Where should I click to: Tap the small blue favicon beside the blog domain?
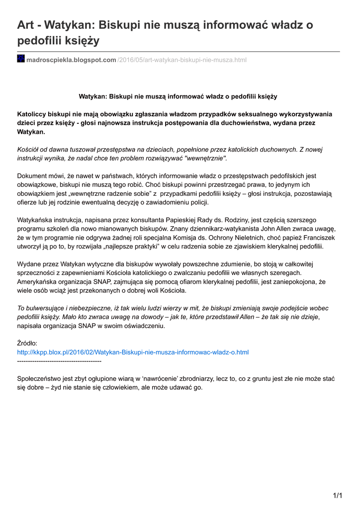[x=21, y=59]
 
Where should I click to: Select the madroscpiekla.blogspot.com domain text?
[x=71, y=60]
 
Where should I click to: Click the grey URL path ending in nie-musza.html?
[x=182, y=60]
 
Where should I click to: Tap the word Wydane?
[x=29, y=264]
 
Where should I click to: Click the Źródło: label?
[x=27, y=343]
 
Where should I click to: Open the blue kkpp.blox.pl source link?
[x=133, y=352]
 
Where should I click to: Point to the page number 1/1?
[x=338, y=495]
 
